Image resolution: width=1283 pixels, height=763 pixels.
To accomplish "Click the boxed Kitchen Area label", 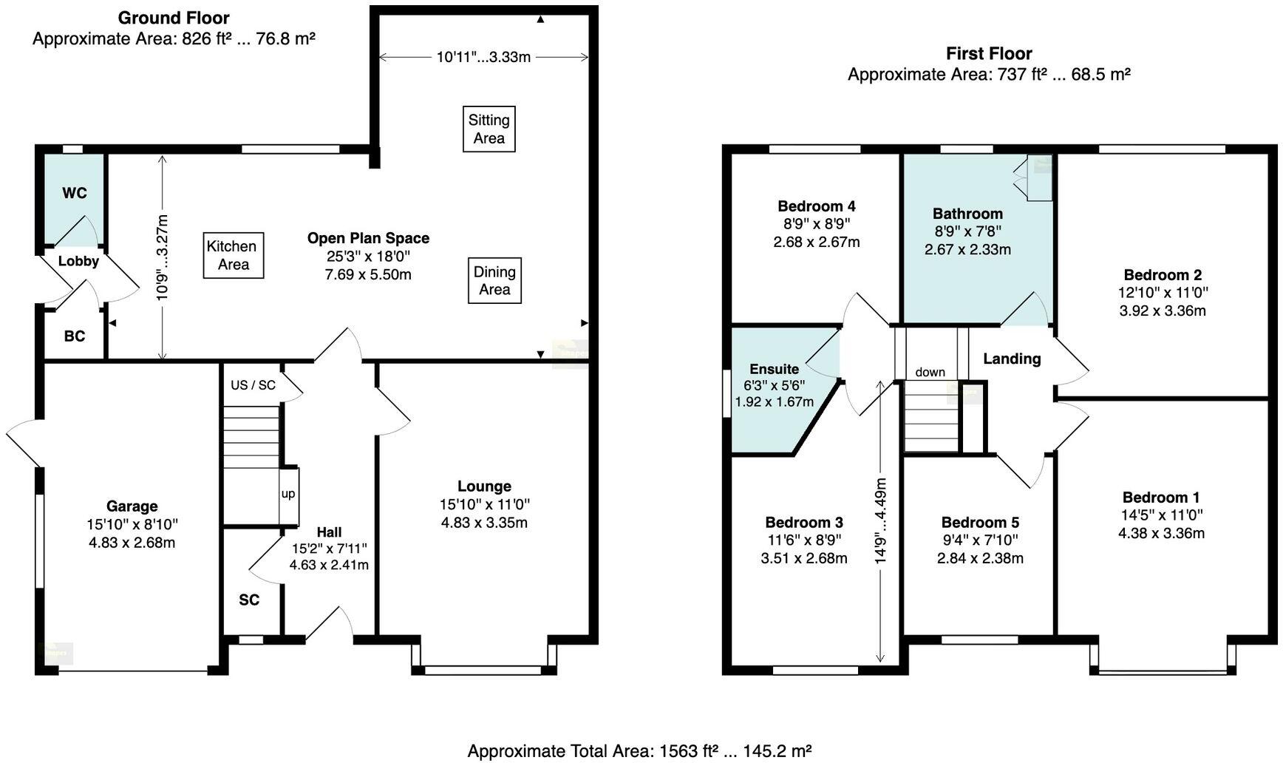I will tap(234, 256).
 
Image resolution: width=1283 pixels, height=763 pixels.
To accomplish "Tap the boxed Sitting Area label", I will tap(489, 129).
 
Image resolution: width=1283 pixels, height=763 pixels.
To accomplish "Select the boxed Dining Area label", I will tap(494, 281).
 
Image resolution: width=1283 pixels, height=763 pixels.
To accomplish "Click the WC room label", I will tap(75, 193).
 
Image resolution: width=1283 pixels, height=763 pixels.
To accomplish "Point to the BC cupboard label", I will tap(75, 336).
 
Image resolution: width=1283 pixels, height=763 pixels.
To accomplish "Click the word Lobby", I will tap(78, 261).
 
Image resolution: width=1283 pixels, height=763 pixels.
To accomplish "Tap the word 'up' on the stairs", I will tap(288, 494).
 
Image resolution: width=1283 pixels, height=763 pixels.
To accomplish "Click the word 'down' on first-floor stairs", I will tap(930, 372).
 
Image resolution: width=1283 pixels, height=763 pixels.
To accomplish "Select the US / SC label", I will tap(253, 385).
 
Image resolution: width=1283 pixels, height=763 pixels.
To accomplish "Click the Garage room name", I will tap(132, 506).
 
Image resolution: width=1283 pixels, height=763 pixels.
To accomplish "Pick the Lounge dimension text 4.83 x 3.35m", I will tap(484, 523).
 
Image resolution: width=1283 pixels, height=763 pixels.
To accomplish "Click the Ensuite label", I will tap(774, 369).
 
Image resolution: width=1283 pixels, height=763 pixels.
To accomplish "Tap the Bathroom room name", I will tap(967, 214).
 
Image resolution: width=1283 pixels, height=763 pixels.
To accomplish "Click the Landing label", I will tap(1012, 359).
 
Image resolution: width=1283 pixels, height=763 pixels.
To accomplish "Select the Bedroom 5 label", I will tap(980, 523).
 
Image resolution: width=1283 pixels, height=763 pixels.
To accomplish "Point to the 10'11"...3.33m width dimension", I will tap(483, 57).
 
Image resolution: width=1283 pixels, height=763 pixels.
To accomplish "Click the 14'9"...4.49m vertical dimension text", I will tap(880, 521).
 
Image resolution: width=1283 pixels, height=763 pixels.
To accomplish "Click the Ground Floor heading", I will tap(174, 18).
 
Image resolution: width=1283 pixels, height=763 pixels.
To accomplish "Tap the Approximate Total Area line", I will tap(640, 751).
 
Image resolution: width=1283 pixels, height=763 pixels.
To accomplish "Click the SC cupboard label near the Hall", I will tap(249, 600).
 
